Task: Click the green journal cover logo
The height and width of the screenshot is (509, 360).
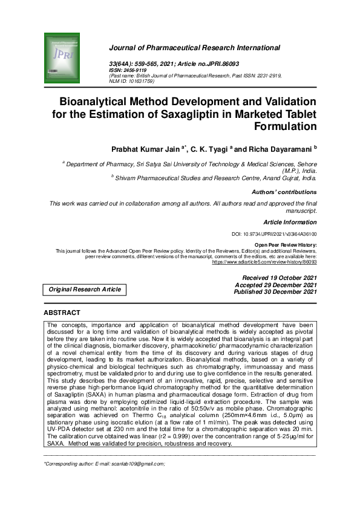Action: (62, 59)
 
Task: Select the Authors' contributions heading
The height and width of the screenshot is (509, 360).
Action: (284, 192)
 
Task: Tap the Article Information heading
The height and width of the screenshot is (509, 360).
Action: (290, 222)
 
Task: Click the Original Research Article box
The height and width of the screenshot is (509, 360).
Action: (85, 290)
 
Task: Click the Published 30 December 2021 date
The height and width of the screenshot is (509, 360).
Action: (275, 291)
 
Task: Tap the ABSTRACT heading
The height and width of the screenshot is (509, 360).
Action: (62, 313)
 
